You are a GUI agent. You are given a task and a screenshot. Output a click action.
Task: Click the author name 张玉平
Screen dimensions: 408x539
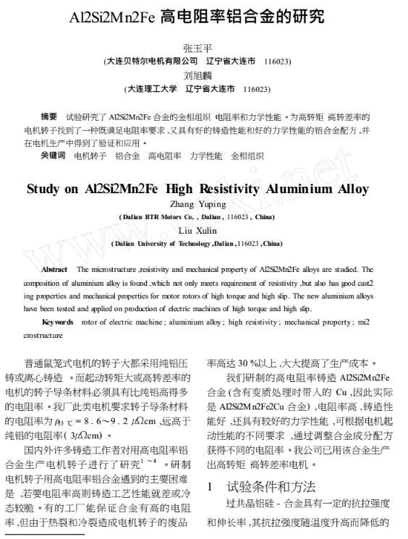(x=203, y=49)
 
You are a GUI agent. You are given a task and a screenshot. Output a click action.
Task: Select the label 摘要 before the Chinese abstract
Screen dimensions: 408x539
(x=48, y=116)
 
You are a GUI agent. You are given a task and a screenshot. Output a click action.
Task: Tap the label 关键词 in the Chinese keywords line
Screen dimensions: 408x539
(x=53, y=155)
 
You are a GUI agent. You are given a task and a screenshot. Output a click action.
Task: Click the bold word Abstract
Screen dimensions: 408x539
(x=55, y=268)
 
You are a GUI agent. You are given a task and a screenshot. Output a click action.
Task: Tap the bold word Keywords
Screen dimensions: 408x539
(x=59, y=321)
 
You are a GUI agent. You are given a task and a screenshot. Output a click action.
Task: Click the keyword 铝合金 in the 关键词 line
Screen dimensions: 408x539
(x=127, y=155)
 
